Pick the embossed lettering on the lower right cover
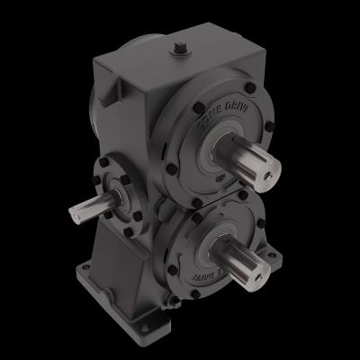216,271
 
